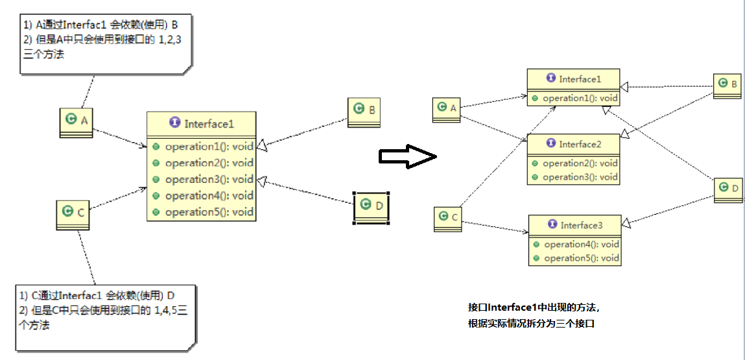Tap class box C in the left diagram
pyautogui.click(x=73, y=213)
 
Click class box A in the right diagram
pyautogui.click(x=447, y=109)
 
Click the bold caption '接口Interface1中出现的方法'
pyautogui.click(x=538, y=307)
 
